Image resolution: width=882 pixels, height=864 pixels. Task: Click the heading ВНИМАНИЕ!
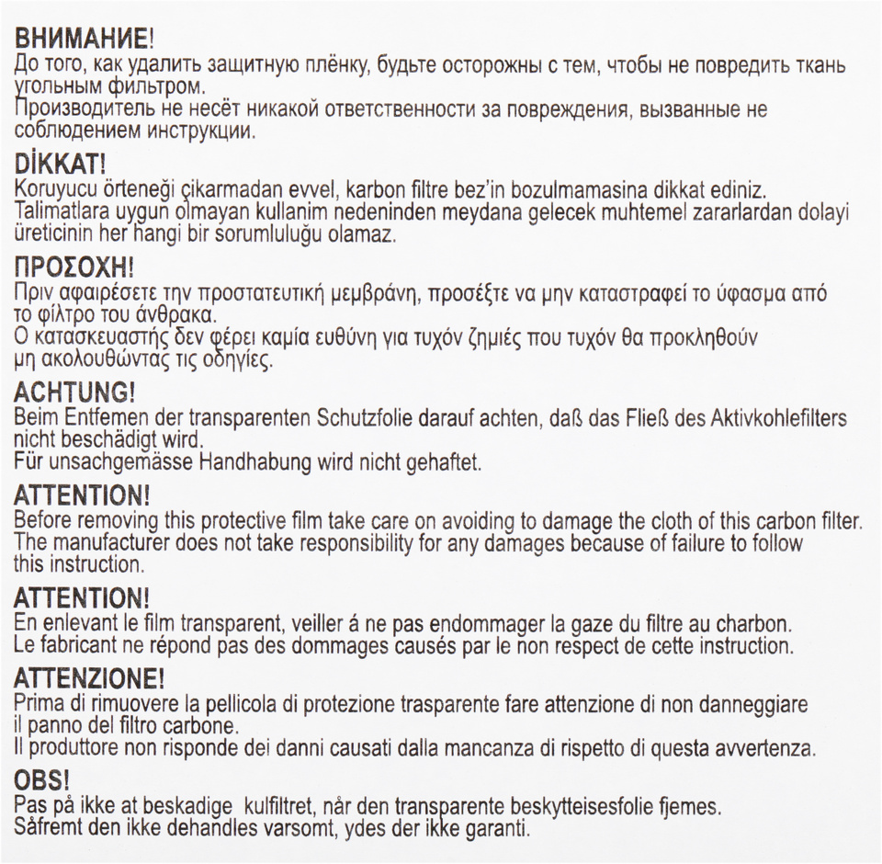82,39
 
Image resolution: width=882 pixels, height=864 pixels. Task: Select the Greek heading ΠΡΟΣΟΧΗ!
74,267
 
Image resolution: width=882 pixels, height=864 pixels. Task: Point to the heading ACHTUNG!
74,392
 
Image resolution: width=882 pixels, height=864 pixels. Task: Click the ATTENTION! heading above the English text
82,495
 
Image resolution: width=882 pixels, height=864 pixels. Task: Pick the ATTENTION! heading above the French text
82,599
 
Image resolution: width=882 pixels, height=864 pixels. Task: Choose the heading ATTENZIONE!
89,679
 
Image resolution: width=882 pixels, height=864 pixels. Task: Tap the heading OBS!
42,782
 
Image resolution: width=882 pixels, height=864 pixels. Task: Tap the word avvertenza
758,748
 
